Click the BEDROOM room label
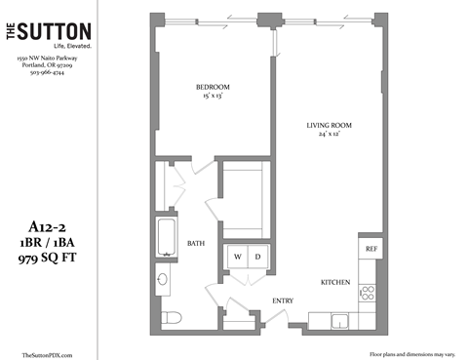tap(212, 86)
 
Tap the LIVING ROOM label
tap(329, 125)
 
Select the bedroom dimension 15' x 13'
tap(212, 97)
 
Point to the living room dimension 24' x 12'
tap(329, 136)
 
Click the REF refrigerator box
tap(370, 249)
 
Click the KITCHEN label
tap(335, 283)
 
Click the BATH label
tap(195, 244)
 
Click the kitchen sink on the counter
tap(337, 320)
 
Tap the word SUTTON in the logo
tap(58, 32)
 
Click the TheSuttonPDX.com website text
tap(47, 354)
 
